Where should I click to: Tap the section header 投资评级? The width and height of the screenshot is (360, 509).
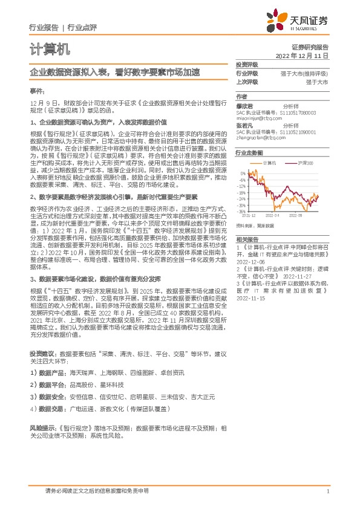(247, 64)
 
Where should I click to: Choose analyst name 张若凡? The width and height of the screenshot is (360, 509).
(244, 125)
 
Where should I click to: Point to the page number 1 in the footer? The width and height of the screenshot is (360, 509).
(327, 491)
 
